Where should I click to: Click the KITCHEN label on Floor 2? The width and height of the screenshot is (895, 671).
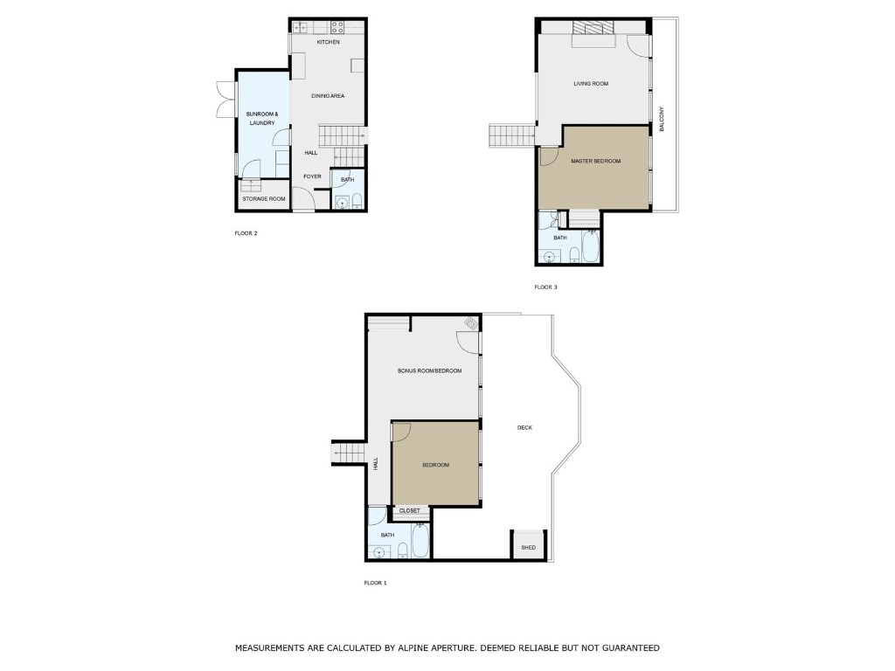[328, 42]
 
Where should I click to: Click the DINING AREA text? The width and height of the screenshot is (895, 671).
[328, 94]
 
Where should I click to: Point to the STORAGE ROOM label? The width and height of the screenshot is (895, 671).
[264, 199]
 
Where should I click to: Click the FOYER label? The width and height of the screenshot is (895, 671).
[312, 176]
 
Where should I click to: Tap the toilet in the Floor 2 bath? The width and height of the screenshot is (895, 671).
[357, 204]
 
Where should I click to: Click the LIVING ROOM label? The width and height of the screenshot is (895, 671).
[590, 84]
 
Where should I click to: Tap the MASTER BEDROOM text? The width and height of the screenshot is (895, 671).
[595, 162]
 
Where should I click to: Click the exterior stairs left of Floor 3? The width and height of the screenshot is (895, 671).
[510, 136]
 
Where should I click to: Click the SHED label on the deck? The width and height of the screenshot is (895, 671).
[528, 548]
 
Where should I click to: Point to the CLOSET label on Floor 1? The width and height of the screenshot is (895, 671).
[409, 510]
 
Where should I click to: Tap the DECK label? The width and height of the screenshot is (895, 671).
[524, 427]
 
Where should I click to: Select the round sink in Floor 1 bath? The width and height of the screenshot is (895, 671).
[378, 552]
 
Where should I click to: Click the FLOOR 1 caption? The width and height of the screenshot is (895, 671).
[375, 582]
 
